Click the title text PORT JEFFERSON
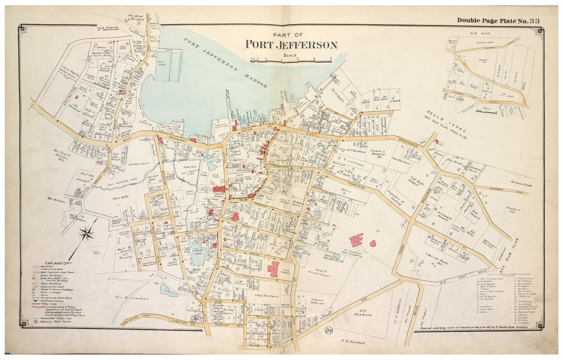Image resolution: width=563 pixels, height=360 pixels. point(291,45)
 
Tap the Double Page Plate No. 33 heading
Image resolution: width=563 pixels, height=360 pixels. point(498,21)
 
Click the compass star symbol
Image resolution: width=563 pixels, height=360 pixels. point(87,234)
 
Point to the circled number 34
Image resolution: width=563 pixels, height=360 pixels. point(328,331)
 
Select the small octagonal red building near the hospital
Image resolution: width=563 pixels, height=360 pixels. point(373,243)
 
